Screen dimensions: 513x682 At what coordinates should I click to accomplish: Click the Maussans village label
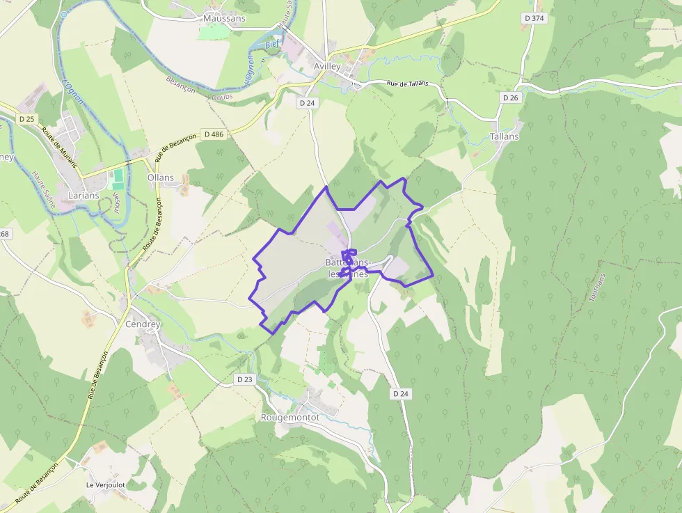point(224,18)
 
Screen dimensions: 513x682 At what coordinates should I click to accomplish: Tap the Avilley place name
point(327,66)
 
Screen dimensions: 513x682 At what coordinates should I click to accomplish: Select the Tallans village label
point(505,136)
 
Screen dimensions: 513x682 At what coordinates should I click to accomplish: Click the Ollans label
point(161,177)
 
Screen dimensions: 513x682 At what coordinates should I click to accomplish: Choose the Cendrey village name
point(143,324)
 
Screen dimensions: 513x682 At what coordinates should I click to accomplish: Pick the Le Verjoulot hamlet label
point(106,484)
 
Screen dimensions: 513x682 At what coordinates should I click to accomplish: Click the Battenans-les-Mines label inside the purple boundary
point(348,268)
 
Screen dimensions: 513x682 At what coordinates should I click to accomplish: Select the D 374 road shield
point(534,18)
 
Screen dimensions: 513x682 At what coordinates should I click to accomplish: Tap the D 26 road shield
point(511,98)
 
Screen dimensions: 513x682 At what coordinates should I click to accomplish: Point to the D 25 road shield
point(27,119)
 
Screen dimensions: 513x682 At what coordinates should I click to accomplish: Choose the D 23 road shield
point(244,379)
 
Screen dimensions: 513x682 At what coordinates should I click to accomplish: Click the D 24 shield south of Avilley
point(306,103)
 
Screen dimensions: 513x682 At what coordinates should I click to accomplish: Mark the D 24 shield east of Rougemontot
point(400,393)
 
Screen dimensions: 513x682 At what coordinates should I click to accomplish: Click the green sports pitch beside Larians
point(117,178)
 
